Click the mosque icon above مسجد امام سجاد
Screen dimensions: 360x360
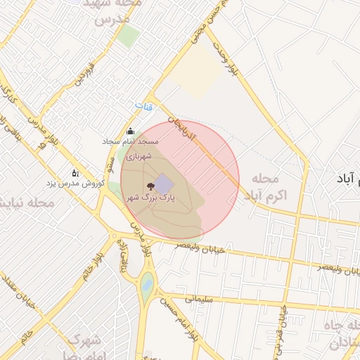[x=129, y=131]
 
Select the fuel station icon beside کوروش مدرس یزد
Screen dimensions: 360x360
[x=75, y=173]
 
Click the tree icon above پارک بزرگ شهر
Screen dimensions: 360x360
[x=150, y=187]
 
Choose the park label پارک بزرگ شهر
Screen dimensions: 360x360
[x=150, y=199]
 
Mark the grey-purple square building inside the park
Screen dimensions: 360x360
[x=164, y=185]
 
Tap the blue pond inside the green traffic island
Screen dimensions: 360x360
[x=146, y=285]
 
